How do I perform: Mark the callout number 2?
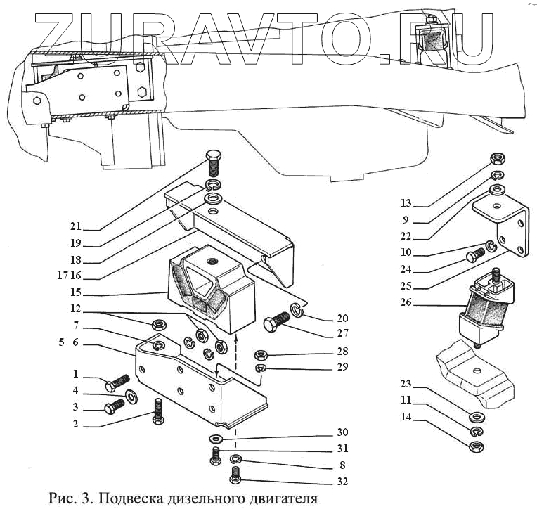coord(75,424)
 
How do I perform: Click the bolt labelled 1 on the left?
coord(115,384)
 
